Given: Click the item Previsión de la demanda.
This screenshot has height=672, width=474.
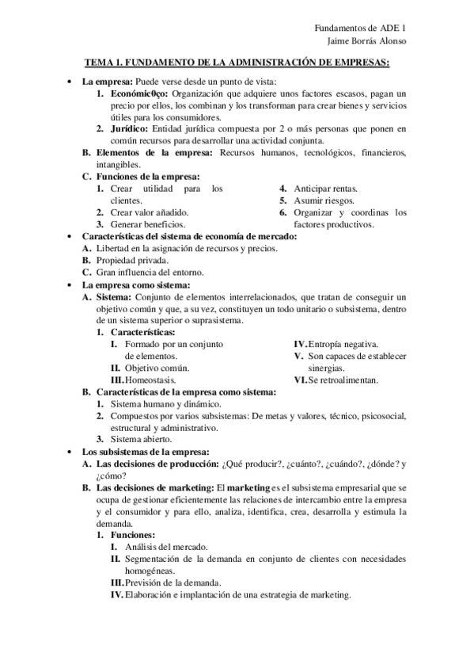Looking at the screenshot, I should [x=171, y=582].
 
